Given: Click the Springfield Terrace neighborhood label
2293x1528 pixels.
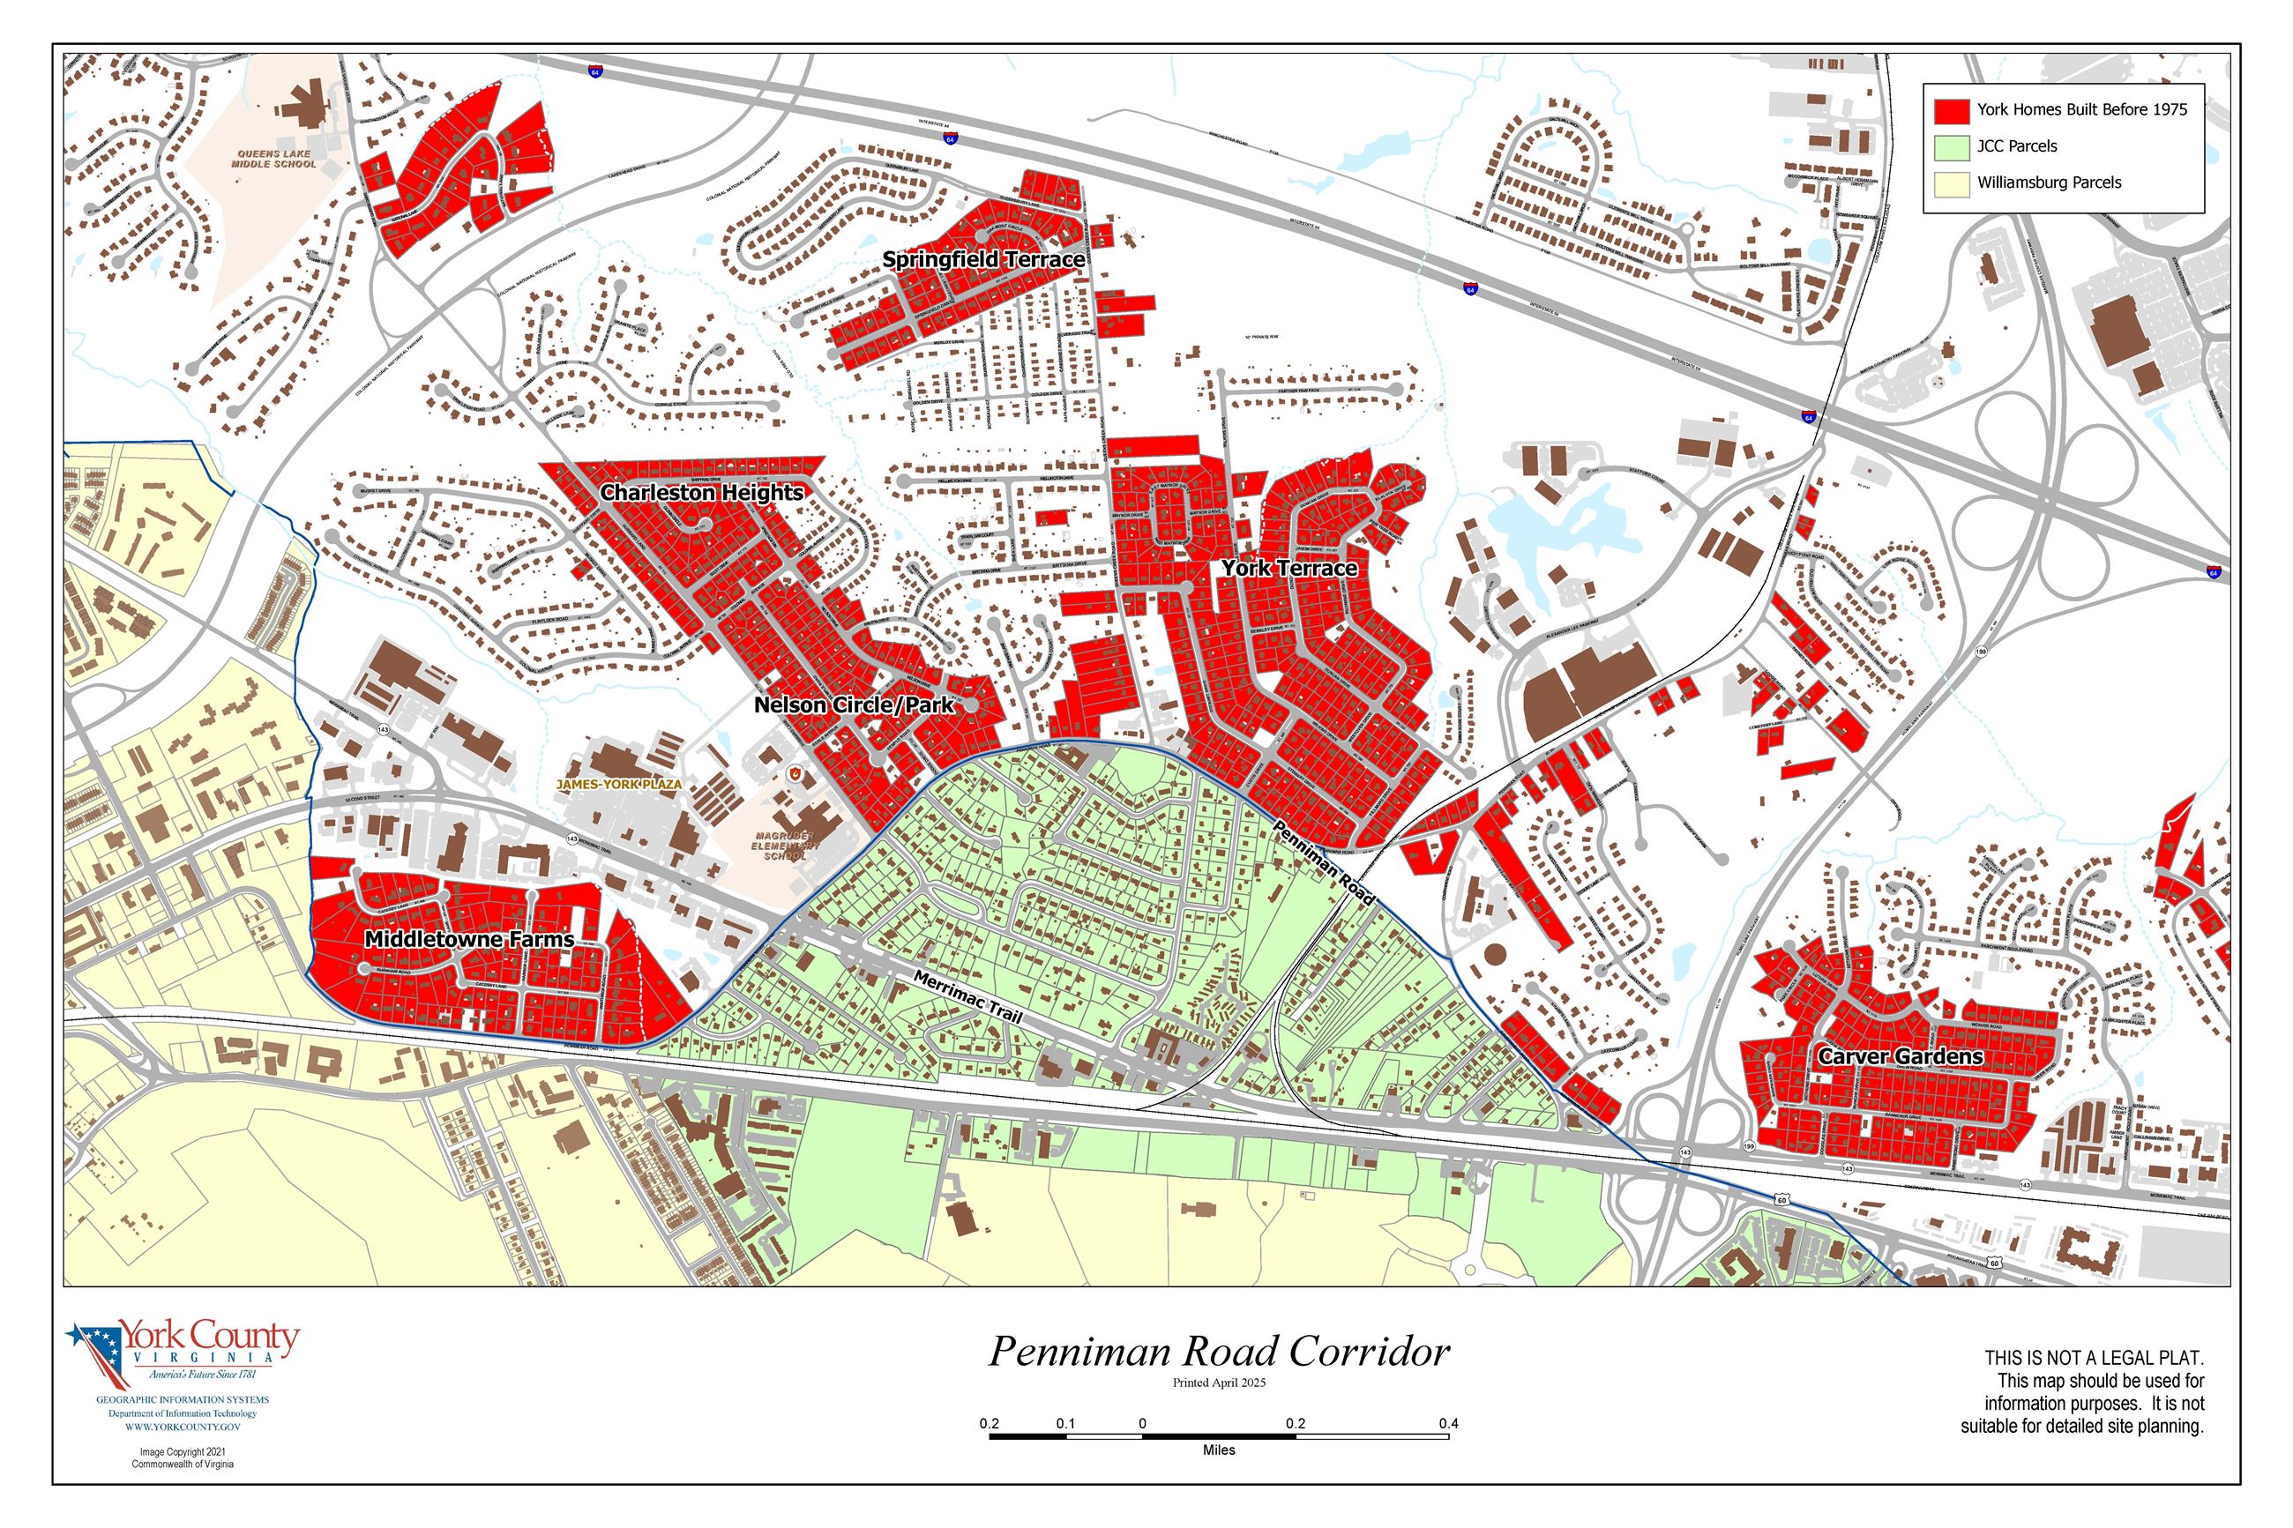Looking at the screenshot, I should (982, 259).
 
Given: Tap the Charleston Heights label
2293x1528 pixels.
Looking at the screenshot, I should (702, 492).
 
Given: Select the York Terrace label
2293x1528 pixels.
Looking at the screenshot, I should (1288, 567).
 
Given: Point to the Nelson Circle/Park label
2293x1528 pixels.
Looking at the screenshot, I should (854, 704).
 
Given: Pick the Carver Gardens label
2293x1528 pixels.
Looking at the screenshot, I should (1900, 1056).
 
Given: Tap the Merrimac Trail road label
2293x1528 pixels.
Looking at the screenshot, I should (967, 996).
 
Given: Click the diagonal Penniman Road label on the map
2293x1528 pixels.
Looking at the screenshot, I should (1324, 862).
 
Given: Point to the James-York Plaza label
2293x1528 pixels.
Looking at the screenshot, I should (619, 784).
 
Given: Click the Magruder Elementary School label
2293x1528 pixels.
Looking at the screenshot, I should (786, 846).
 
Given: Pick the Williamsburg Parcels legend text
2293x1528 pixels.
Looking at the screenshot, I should (2049, 183).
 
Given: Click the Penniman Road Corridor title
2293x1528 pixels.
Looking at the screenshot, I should (1218, 1352).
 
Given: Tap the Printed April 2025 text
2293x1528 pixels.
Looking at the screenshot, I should (1218, 1382).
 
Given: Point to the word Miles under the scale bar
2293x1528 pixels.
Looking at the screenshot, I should (1218, 1450).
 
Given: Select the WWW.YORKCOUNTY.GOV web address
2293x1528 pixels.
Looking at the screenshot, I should (183, 1427).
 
